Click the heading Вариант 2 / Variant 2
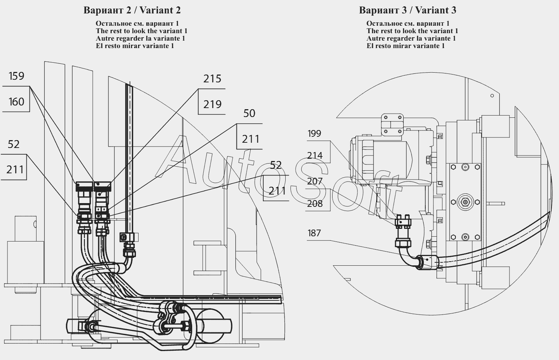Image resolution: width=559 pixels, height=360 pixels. (132, 10)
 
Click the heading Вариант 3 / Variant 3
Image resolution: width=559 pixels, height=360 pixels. (407, 10)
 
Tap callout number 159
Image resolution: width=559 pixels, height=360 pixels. (16, 76)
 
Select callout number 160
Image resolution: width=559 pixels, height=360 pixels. (16, 102)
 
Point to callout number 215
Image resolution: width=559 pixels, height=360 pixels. (212, 79)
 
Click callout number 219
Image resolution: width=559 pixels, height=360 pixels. (212, 105)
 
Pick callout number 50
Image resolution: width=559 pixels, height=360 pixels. (249, 114)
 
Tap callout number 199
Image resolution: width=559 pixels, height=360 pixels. (314, 134)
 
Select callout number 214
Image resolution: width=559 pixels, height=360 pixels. (315, 156)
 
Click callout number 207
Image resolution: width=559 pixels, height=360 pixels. (315, 181)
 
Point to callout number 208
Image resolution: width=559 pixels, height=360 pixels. (315, 204)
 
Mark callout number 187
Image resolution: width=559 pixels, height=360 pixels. (314, 233)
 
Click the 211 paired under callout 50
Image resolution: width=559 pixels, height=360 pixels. (251, 139)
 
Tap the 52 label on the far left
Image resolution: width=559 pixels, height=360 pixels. (13, 145)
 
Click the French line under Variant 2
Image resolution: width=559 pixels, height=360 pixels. (140, 38)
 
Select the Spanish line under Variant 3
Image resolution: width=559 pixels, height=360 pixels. (406, 46)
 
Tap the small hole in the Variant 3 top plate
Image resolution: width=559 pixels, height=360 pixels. (492, 96)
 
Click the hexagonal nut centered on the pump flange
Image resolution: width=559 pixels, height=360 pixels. (465, 202)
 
